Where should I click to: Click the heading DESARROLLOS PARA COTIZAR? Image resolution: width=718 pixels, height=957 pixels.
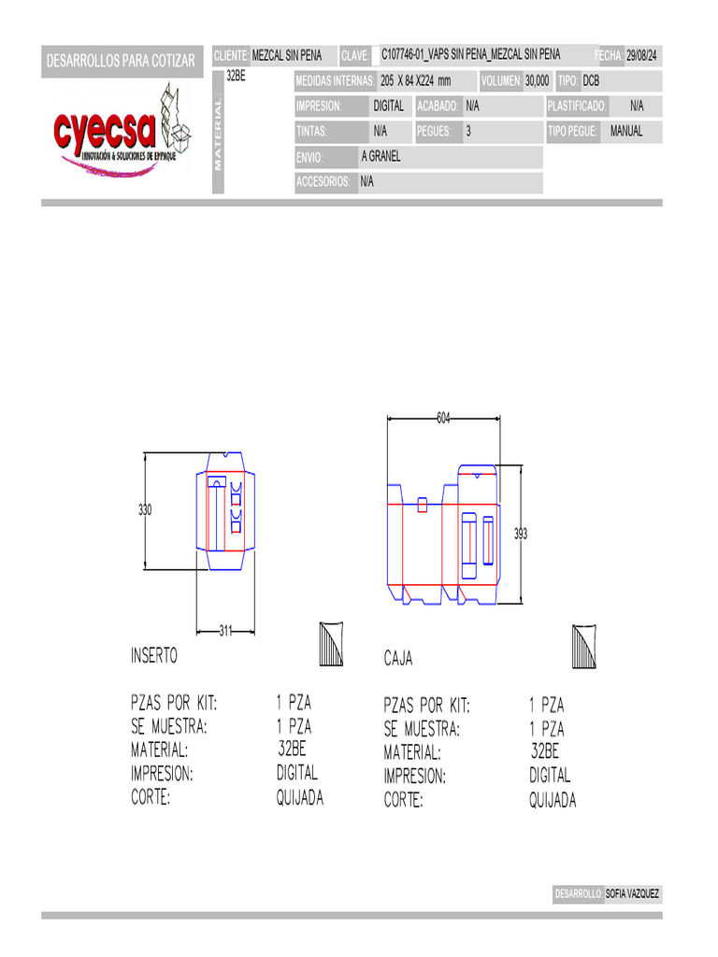[121, 61]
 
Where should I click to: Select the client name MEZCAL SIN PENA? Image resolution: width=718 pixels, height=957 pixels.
[287, 55]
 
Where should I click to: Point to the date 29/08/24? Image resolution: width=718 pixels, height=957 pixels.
[641, 55]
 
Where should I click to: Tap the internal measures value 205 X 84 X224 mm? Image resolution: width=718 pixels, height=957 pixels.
[416, 80]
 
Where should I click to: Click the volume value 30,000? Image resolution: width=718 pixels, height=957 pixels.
[538, 80]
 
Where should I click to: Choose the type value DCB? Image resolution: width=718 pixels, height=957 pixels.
[591, 80]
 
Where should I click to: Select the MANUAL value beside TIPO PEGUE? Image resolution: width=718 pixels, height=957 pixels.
[626, 131]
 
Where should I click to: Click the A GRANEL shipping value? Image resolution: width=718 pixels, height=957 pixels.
[381, 156]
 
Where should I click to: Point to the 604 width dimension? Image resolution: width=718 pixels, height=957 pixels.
[443, 418]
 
